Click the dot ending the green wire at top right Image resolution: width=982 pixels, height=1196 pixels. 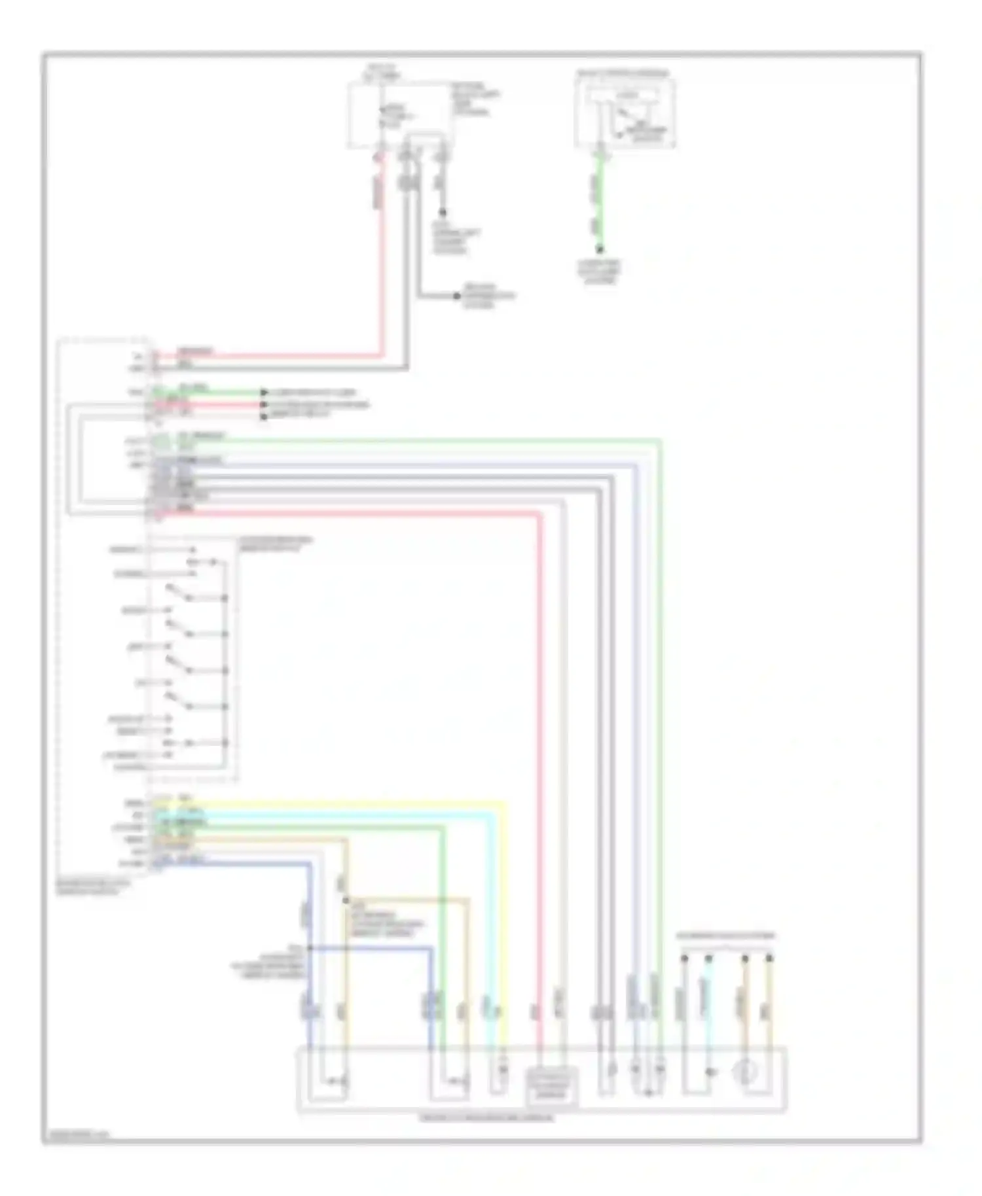coord(599,249)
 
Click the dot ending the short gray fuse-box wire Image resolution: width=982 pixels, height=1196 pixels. coord(443,212)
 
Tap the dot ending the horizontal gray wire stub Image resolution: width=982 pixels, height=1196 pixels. coord(457,296)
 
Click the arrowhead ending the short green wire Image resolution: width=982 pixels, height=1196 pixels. coord(264,393)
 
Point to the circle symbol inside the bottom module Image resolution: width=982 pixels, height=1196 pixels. coord(746,1072)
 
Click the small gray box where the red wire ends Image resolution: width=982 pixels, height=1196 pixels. coord(552,1082)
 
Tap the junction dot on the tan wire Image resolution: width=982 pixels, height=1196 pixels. coord(346,900)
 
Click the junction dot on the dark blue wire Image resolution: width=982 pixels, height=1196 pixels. coord(310,947)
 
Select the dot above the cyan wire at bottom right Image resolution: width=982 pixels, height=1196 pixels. coord(708,959)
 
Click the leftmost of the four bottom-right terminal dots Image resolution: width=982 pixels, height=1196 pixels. coord(684,959)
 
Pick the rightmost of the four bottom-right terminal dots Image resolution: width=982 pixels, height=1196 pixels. coord(769,959)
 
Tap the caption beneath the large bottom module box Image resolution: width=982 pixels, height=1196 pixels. coord(486,1117)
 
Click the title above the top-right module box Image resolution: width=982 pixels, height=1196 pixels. coord(623,74)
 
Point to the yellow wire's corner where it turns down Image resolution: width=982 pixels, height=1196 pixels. coord(505,801)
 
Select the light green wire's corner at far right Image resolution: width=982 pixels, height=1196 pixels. coord(660,441)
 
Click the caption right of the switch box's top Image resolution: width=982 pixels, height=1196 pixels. coord(275,544)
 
